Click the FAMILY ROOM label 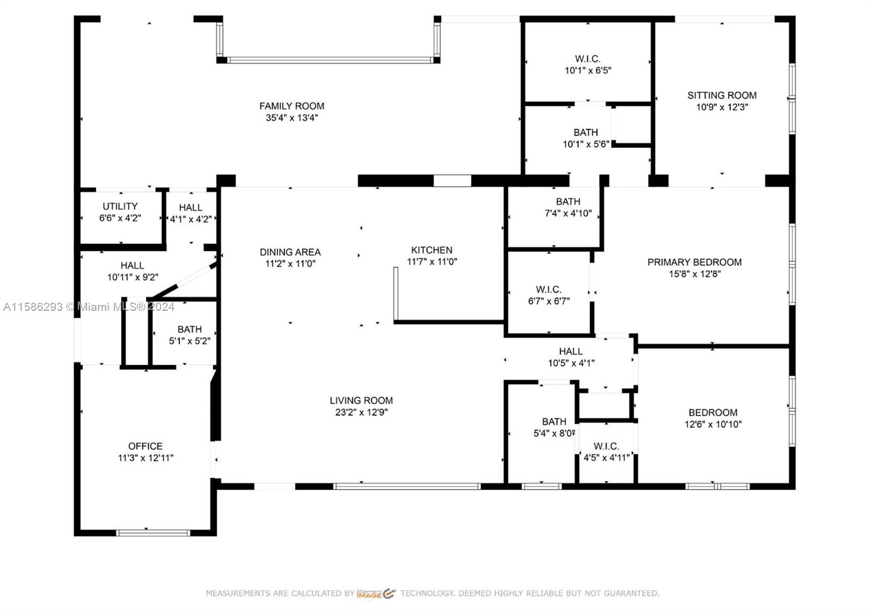(292, 106)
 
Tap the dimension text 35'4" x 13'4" (292, 117)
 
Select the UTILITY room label (120, 206)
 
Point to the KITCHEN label (432, 250)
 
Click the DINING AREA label (290, 252)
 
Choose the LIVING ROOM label (361, 400)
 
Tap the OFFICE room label (146, 446)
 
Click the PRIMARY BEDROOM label (695, 262)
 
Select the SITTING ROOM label (722, 95)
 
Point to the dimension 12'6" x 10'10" (713, 424)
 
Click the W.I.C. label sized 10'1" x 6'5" (588, 59)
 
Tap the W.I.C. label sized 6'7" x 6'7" (549, 289)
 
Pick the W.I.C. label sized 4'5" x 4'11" (606, 446)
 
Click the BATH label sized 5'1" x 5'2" (190, 329)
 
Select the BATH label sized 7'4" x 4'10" (568, 202)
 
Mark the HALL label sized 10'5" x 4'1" (571, 351)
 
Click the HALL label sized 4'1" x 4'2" (191, 207)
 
